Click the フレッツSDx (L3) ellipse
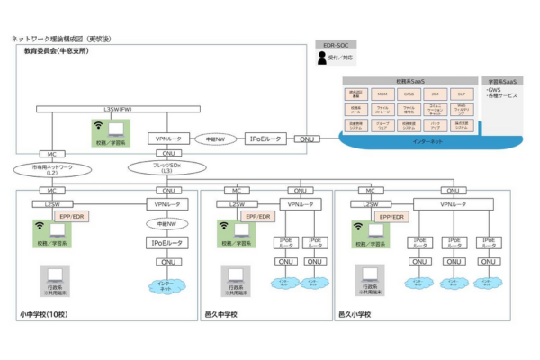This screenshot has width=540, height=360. [166, 168]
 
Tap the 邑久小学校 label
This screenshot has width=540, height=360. [358, 314]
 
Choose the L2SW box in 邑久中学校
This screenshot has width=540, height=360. [237, 204]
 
